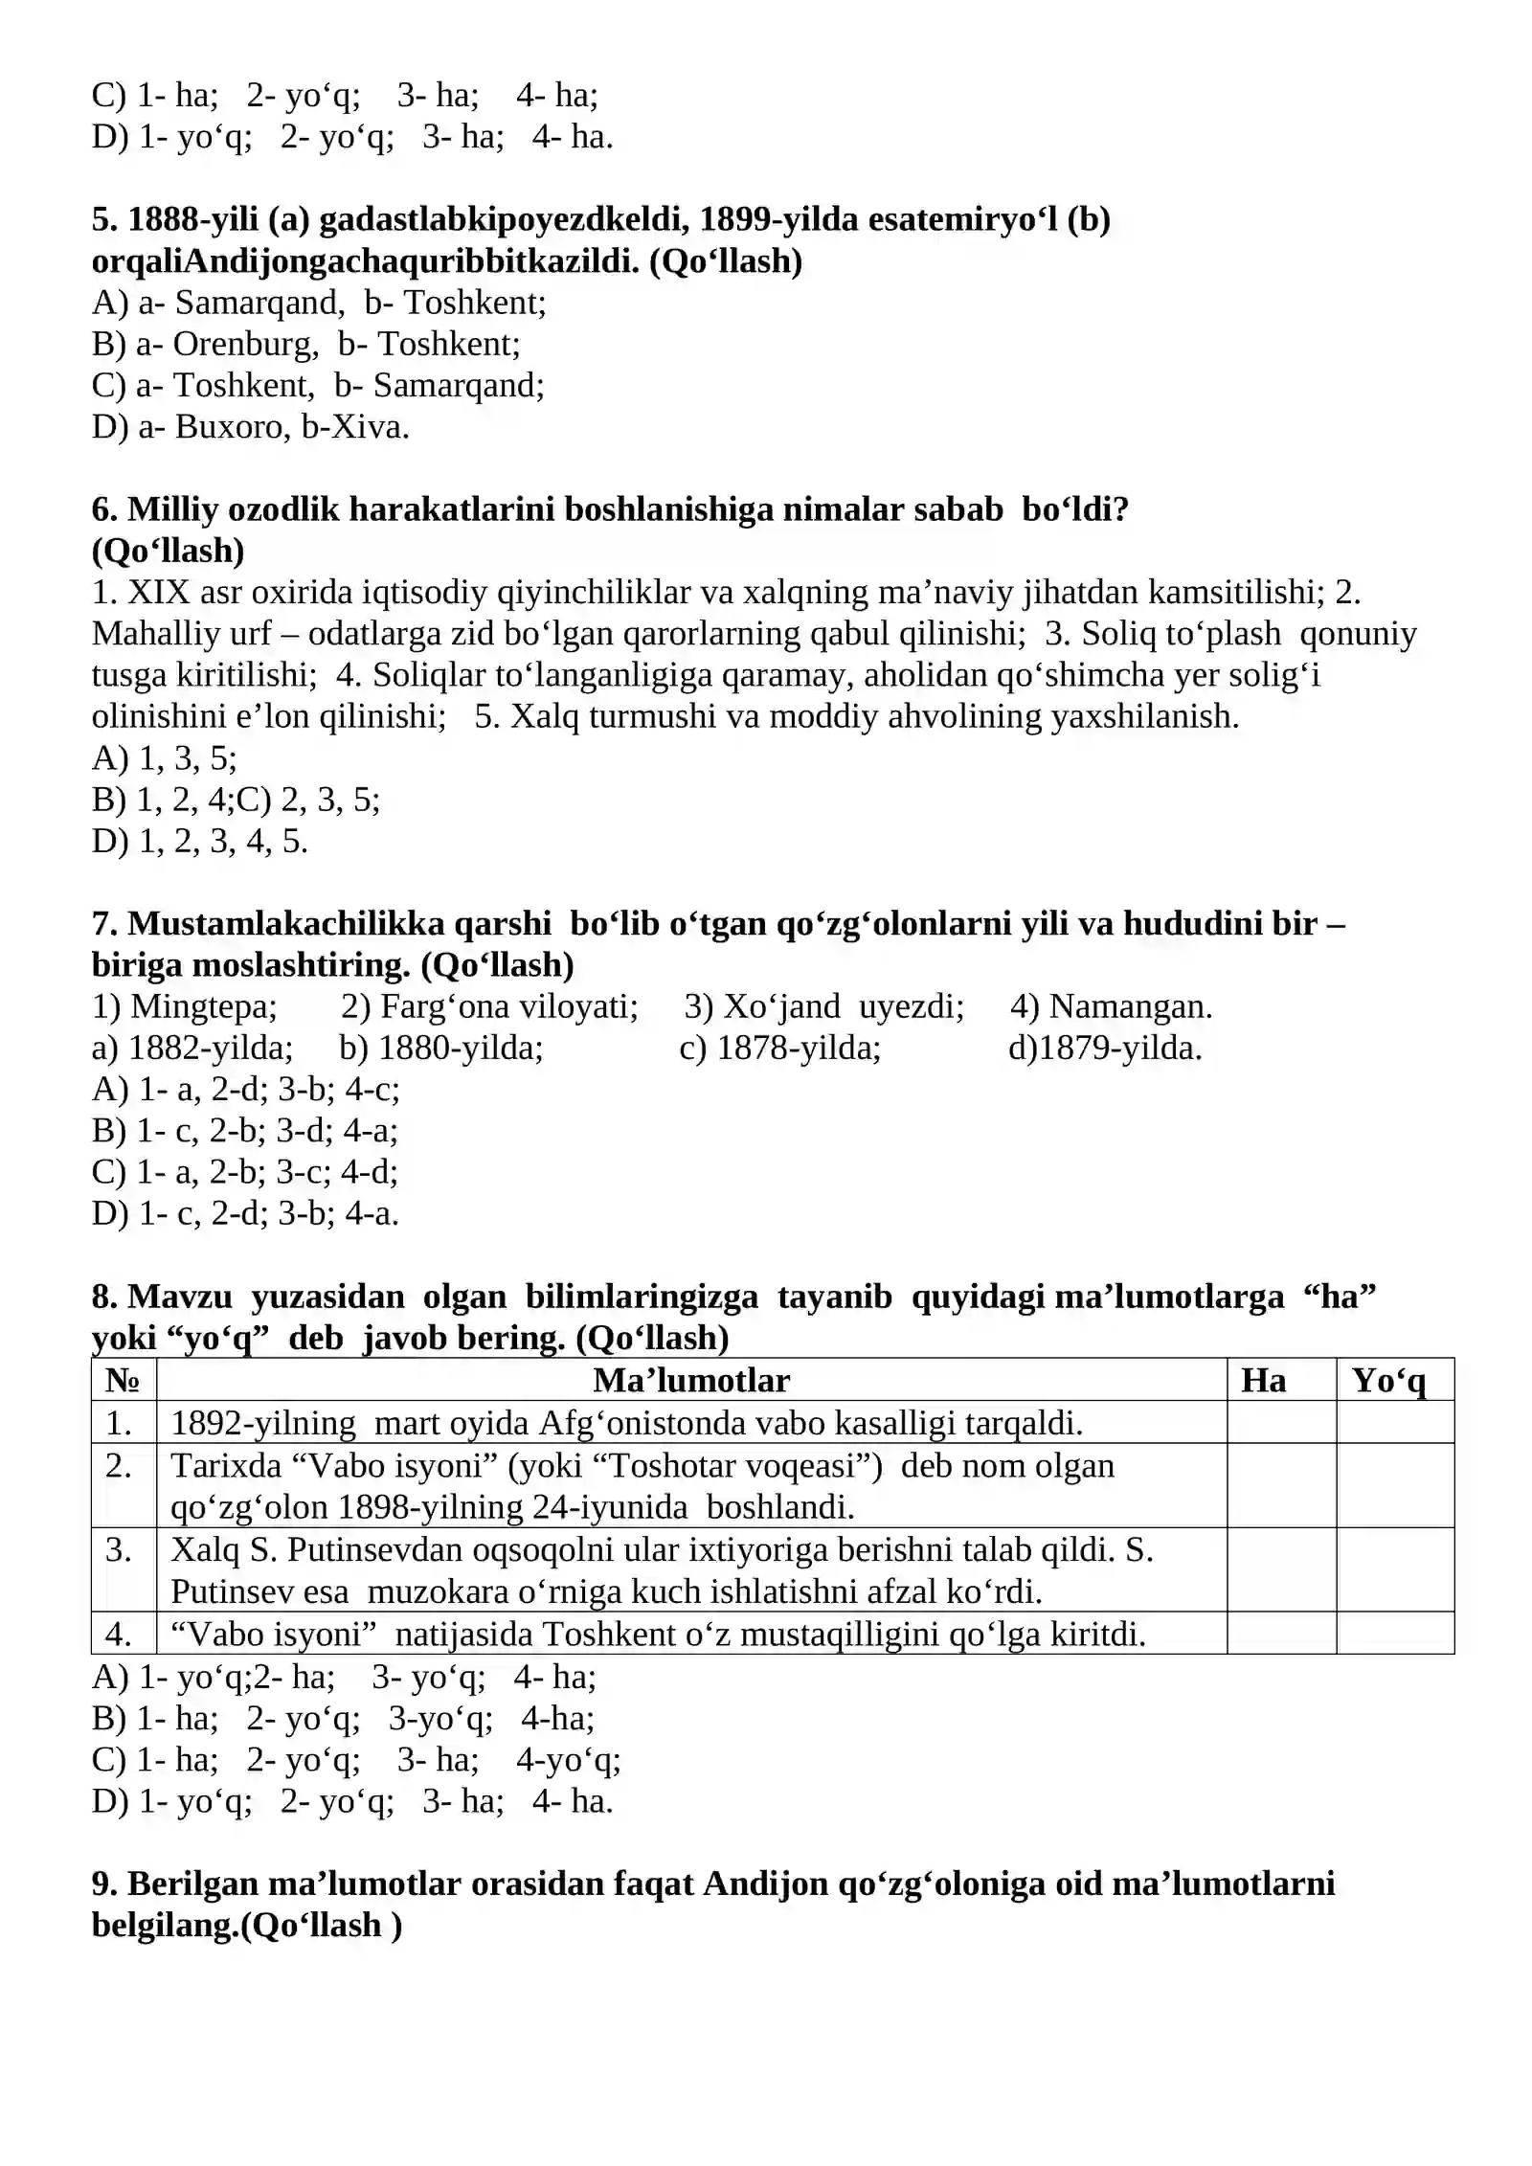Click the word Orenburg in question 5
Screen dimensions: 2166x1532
pos(245,344)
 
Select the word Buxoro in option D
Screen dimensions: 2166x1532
pos(214,426)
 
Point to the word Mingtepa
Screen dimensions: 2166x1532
pos(203,1006)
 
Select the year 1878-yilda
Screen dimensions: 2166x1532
pos(798,1048)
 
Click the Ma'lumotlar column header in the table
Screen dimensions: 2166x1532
pos(690,1380)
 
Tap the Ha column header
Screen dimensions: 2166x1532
pos(1263,1380)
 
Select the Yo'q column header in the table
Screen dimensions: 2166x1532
pos(1388,1380)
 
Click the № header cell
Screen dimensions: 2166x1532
pos(124,1380)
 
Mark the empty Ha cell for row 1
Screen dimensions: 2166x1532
pos(1280,1422)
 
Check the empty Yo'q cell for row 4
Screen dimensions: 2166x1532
pos(1394,1634)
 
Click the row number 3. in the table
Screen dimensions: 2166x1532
pos(120,1549)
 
